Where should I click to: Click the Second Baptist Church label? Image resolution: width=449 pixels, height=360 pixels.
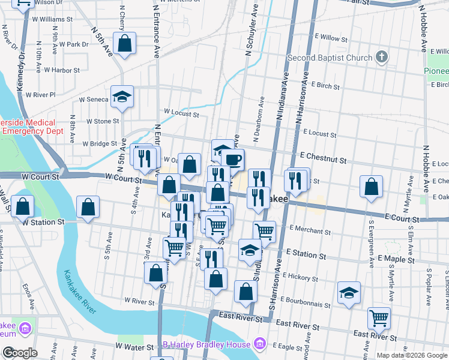click(x=330, y=58)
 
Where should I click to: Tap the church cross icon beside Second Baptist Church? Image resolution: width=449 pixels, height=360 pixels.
click(x=380, y=58)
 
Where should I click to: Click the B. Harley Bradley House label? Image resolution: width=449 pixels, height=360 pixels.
click(x=207, y=344)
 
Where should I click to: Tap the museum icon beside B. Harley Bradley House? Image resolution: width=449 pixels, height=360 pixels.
click(x=259, y=344)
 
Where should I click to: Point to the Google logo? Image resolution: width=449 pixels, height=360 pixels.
click(x=20, y=353)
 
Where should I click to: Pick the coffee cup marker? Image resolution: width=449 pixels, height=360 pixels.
click(x=232, y=160)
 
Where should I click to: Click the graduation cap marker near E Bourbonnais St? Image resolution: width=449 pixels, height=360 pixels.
click(x=349, y=293)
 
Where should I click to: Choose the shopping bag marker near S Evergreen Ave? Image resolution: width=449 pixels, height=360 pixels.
click(x=372, y=187)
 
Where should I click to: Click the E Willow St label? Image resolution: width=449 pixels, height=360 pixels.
click(x=339, y=37)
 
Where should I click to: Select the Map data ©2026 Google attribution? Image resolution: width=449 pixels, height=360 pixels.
click(x=412, y=355)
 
